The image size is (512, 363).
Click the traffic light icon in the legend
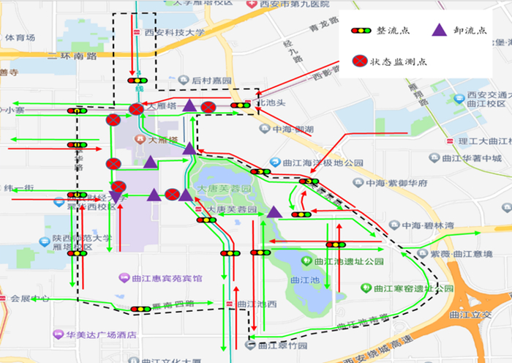tap(361, 31)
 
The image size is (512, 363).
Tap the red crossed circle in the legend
tap(361, 61)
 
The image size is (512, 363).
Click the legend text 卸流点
tap(471, 31)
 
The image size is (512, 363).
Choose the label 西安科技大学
tap(174, 32)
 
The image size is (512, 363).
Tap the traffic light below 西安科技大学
tap(137, 80)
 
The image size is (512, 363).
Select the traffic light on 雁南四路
tap(140, 309)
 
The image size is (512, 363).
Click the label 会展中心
tap(30, 299)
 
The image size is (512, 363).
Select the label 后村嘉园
tap(211, 80)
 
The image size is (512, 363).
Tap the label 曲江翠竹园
tap(276, 345)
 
